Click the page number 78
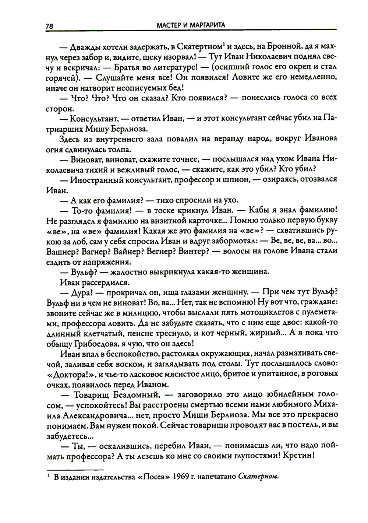coord(50,26)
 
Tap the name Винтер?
coord(194,252)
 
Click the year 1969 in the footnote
coord(180,478)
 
